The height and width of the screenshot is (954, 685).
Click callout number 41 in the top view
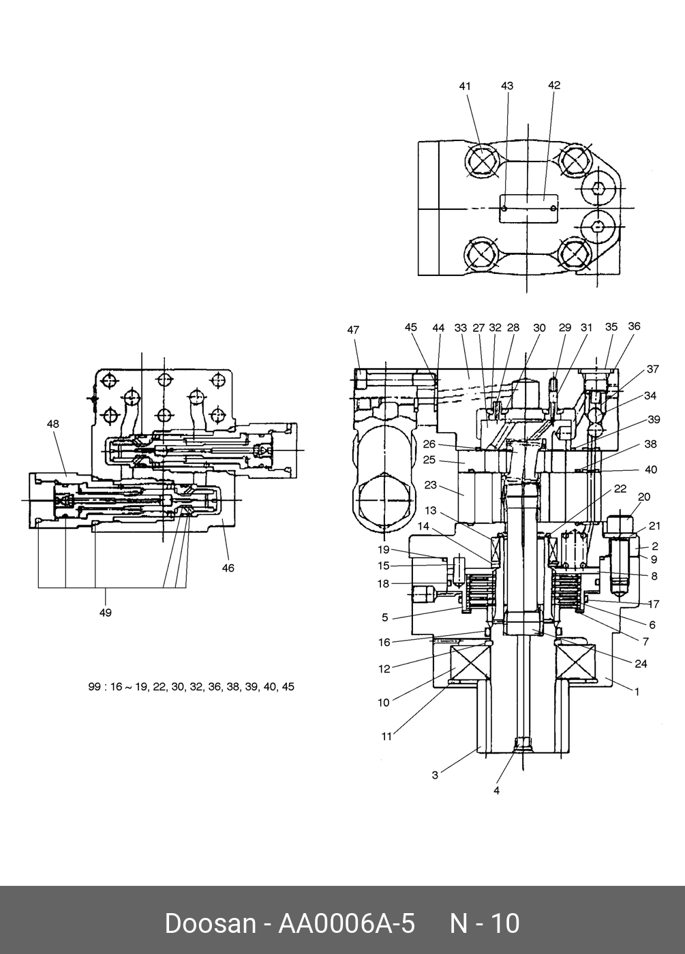click(465, 87)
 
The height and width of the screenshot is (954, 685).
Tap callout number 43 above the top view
click(507, 86)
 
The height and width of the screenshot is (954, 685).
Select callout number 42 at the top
click(554, 85)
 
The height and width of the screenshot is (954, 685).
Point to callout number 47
click(353, 330)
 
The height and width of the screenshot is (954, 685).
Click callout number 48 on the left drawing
click(53, 424)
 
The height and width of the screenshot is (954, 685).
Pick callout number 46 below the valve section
click(228, 568)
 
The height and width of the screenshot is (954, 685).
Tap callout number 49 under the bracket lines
click(105, 613)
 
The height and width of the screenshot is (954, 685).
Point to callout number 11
click(386, 737)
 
